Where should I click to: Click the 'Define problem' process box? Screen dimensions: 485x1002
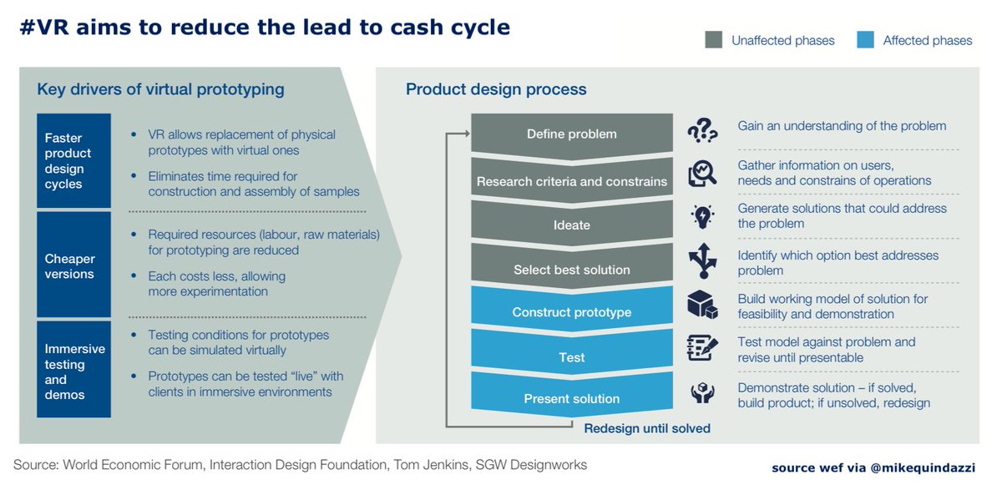(572, 134)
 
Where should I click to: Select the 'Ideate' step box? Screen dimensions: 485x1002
(572, 224)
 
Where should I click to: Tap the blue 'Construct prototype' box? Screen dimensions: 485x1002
(572, 312)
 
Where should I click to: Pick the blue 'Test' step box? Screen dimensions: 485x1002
(572, 356)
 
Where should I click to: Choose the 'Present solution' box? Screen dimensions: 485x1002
(572, 398)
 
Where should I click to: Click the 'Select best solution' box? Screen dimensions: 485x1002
(572, 269)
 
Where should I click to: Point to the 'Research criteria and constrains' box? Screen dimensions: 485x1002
(572, 180)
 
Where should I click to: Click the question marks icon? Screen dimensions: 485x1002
(702, 131)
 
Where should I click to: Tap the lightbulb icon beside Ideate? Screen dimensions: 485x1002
(702, 216)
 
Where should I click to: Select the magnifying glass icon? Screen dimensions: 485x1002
(702, 174)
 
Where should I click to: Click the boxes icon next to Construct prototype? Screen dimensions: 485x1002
(702, 305)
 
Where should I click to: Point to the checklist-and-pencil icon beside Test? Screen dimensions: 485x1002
(702, 347)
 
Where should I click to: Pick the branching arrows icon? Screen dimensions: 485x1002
(702, 260)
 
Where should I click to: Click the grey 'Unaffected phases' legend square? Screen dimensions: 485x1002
(713, 39)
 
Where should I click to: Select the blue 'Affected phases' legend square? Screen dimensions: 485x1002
(865, 39)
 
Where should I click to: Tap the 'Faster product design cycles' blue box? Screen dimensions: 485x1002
(74, 160)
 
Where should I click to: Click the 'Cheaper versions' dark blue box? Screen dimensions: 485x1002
(74, 265)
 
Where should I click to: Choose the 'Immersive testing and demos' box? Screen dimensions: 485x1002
(74, 371)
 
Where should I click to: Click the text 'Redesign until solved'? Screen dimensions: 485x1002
(647, 428)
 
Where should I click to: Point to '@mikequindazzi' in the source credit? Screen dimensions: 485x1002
(925, 467)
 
